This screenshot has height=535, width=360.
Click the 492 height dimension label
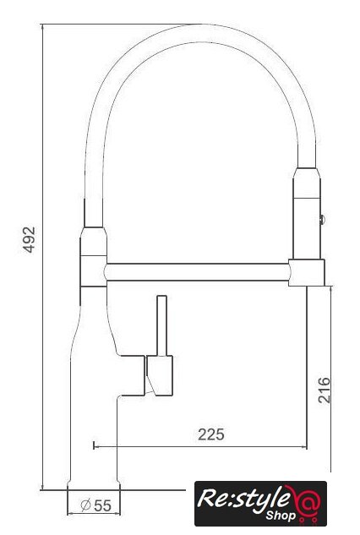[x=30, y=239]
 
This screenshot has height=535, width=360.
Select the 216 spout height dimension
[x=325, y=390]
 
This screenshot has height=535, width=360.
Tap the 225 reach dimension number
[x=211, y=434]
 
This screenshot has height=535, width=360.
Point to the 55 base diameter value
[x=103, y=505]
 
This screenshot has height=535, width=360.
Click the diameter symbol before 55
[x=85, y=505]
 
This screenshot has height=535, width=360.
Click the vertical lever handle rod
[x=161, y=325]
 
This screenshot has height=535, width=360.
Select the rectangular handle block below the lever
[x=160, y=375]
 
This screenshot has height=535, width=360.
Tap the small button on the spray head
[x=322, y=220]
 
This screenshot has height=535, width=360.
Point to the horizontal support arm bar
[x=197, y=272]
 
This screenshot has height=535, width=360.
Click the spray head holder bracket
[x=307, y=272]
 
